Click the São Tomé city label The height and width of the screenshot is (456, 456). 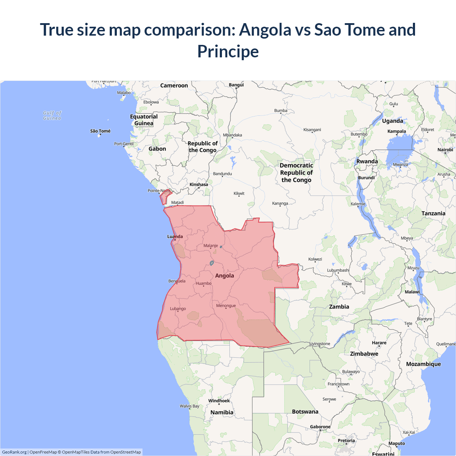[100, 131]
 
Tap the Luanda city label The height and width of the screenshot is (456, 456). [175, 237]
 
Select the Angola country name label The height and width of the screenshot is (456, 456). [224, 276]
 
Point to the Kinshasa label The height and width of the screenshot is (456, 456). [199, 185]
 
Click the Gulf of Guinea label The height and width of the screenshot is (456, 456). [52, 115]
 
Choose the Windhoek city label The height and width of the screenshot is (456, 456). [219, 401]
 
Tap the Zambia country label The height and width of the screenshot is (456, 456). [339, 307]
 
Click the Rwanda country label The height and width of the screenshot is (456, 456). [367, 161]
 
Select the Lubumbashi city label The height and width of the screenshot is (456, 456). [338, 270]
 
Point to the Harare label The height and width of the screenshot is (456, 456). [379, 343]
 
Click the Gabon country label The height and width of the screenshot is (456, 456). [157, 149]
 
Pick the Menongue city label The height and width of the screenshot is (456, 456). [226, 306]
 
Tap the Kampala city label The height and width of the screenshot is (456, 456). [397, 131]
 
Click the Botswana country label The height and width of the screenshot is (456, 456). [305, 412]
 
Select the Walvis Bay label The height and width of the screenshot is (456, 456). [190, 406]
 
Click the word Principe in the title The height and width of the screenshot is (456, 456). [228, 51]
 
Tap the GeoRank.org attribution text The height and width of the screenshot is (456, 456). [14, 452]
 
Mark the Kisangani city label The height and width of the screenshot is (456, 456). [312, 130]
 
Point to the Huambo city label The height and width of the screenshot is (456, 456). [203, 284]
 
